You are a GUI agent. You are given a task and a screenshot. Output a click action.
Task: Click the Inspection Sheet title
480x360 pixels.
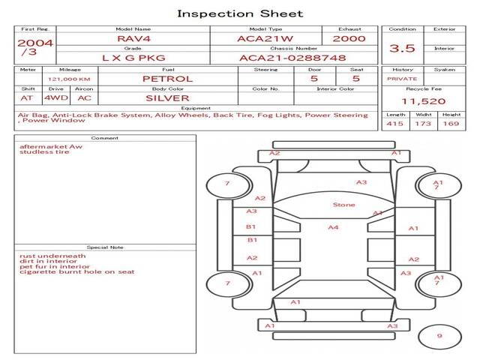click(240, 13)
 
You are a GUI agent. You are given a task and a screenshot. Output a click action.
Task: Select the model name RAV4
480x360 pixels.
click(133, 38)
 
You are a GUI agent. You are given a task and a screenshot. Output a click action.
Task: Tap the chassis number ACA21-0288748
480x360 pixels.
click(292, 58)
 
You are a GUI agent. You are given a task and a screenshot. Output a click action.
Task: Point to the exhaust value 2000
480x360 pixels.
click(349, 38)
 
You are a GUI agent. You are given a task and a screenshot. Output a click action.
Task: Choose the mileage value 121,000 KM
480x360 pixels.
click(69, 79)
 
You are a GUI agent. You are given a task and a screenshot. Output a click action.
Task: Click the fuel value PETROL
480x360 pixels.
click(168, 79)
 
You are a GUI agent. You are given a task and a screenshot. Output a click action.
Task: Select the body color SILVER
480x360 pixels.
click(168, 97)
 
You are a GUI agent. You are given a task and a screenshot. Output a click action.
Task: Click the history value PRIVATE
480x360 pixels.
click(402, 79)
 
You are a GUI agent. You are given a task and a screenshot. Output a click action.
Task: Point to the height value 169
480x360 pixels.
click(451, 124)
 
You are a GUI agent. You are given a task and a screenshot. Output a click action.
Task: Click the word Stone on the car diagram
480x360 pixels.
click(344, 205)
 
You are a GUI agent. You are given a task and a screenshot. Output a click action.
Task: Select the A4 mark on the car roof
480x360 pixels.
click(334, 227)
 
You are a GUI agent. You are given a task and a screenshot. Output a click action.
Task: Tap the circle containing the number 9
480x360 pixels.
click(439, 336)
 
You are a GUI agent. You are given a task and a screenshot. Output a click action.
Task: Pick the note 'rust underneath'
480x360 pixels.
click(52, 256)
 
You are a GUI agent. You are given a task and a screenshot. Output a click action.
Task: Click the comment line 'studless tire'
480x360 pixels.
click(44, 152)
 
